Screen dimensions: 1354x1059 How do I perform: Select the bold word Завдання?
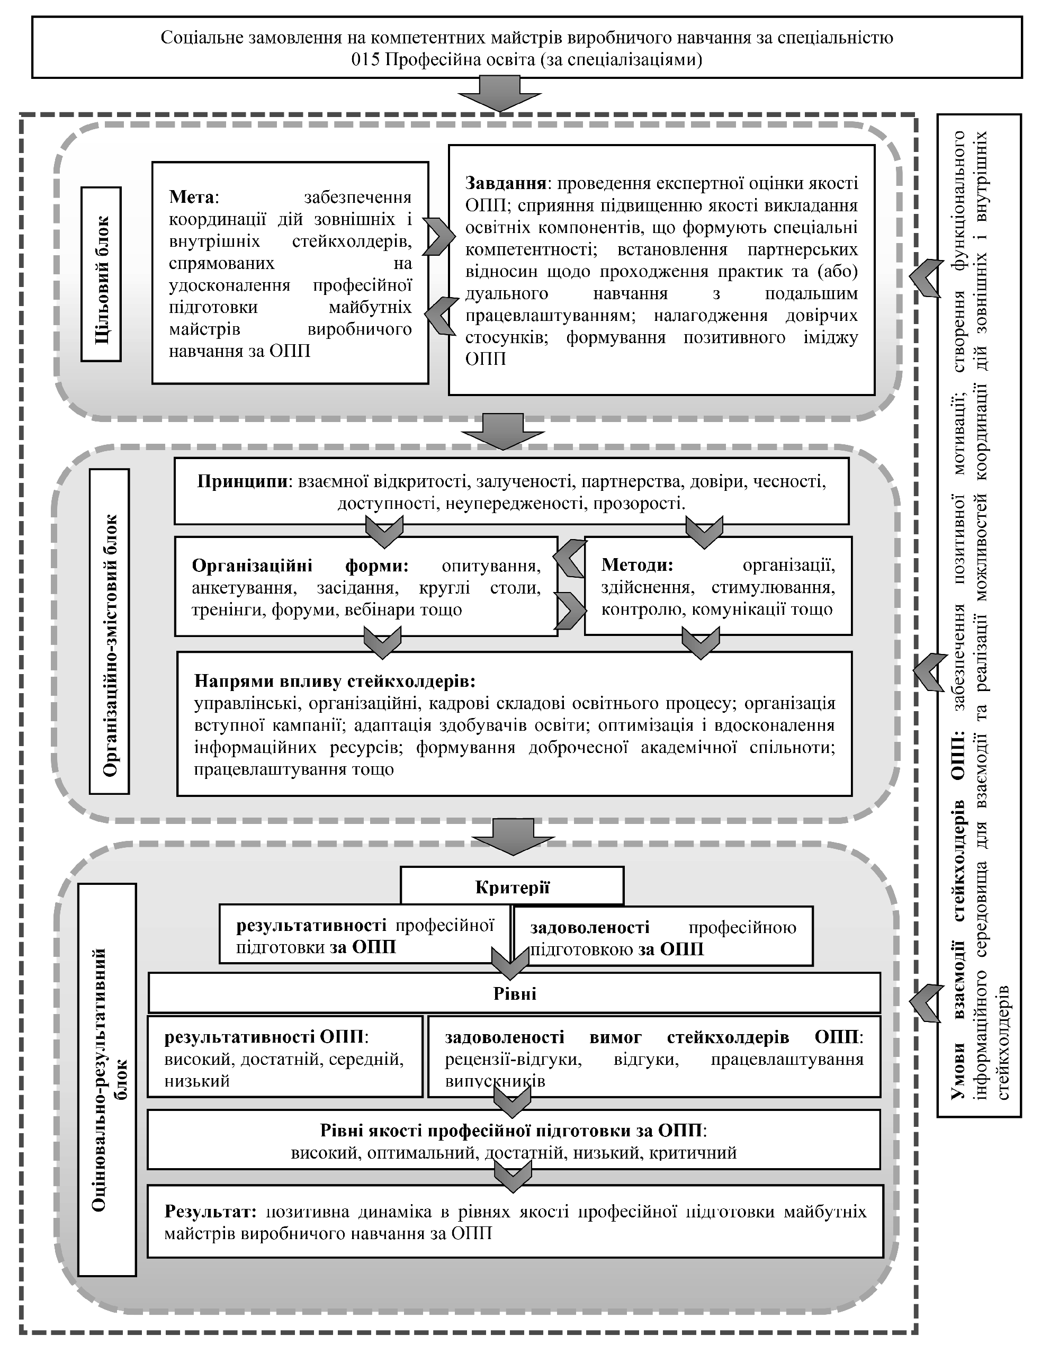[505, 184]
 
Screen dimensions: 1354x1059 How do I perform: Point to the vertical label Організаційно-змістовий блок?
[110, 631]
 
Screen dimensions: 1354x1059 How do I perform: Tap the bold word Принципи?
[243, 482]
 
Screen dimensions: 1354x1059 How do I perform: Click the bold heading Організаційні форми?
[300, 566]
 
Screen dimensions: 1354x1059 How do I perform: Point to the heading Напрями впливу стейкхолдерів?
[335, 682]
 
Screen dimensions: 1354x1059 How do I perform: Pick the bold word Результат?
[210, 1211]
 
